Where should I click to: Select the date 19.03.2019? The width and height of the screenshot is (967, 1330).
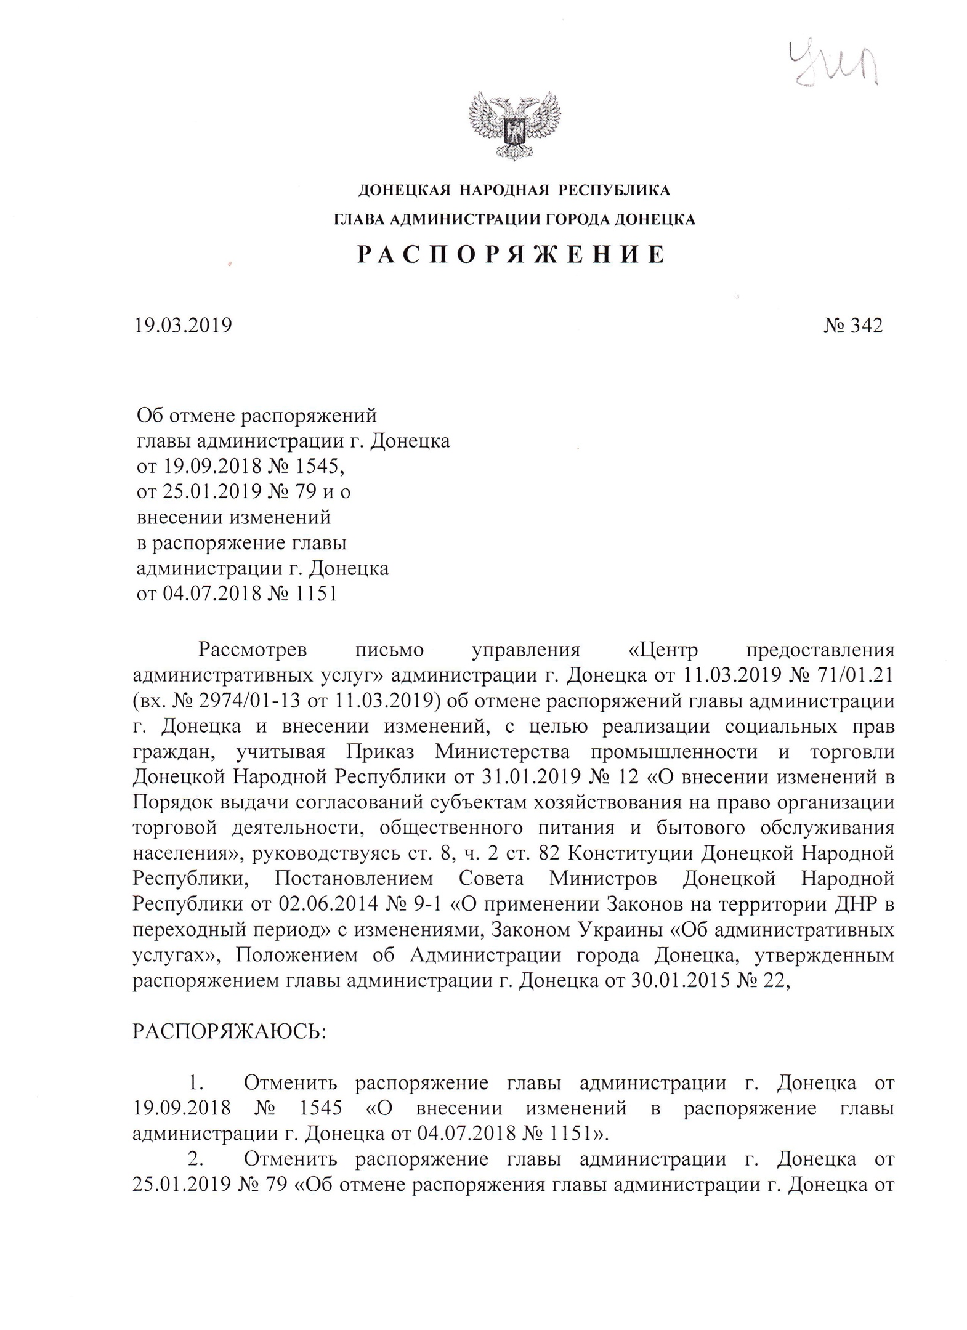[x=183, y=325]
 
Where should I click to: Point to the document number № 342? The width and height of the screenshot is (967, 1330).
[x=853, y=325]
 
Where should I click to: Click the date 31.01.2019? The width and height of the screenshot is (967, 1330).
[x=536, y=777]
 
